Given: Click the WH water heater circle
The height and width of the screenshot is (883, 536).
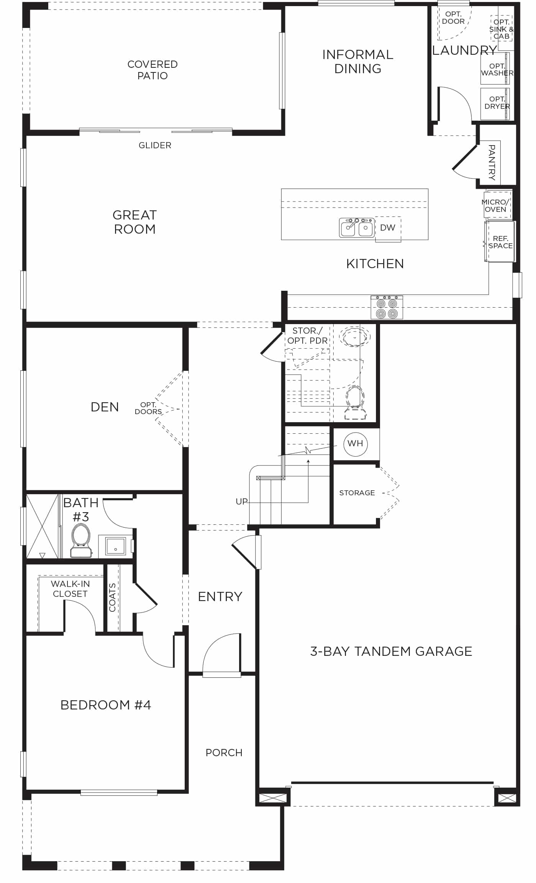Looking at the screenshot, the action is tap(356, 444).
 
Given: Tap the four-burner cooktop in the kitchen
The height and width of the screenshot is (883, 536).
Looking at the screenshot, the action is tap(387, 307).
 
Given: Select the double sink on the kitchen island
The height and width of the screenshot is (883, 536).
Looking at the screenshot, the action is tap(357, 228).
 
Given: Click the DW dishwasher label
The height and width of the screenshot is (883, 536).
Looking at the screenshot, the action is tap(388, 228).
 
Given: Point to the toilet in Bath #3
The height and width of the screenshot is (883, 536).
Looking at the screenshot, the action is tap(81, 540).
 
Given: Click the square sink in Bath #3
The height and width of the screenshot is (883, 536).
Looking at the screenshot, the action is tap(115, 546).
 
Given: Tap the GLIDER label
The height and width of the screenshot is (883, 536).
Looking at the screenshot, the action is tap(155, 145).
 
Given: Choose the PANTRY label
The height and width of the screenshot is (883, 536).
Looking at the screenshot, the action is tap(492, 162).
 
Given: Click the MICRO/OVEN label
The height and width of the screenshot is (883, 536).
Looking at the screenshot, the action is tap(495, 206).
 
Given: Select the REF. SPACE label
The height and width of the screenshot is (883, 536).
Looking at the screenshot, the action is tap(501, 242).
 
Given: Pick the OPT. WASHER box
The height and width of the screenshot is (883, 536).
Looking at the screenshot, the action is tap(495, 69).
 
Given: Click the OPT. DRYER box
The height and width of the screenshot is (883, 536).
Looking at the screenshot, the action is tap(495, 103).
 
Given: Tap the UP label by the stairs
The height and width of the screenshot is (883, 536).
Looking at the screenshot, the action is tap(242, 501).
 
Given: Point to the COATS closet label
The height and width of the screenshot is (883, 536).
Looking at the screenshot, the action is tap(112, 597).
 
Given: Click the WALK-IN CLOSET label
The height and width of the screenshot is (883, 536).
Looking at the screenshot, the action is tap(70, 589).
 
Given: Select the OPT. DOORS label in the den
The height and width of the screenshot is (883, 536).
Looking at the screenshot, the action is tap(148, 408).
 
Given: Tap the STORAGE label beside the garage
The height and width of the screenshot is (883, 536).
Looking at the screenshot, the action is tap(357, 493).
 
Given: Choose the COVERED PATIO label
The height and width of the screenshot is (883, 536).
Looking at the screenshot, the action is tap(152, 70).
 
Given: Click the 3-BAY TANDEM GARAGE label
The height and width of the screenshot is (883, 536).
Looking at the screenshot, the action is tap(391, 651).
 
